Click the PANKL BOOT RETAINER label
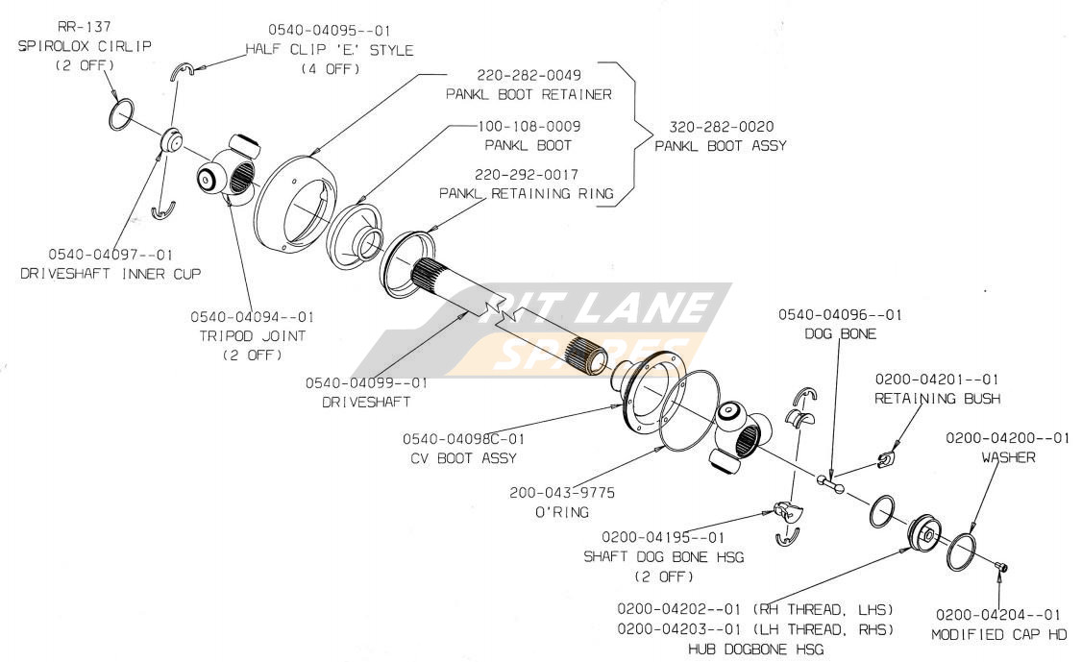coord(529,94)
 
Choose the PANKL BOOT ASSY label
coord(720,146)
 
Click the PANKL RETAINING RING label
coord(526,193)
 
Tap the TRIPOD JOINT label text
coord(252,335)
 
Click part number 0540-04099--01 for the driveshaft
coord(366,382)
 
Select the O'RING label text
coord(562,512)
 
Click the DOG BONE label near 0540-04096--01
coord(841,332)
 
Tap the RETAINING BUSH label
coord(937,398)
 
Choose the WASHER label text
coord(1008,457)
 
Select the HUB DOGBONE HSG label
coord(756,650)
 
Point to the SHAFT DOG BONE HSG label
coord(663,556)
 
